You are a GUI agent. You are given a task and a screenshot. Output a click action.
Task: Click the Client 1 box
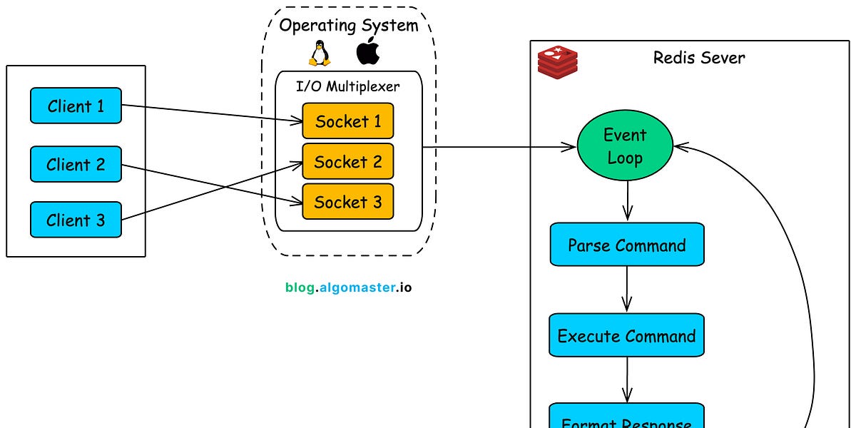click(76, 106)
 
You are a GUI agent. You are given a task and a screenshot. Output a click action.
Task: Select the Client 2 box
click(76, 164)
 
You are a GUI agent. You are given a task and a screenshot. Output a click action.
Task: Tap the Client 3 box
click(76, 220)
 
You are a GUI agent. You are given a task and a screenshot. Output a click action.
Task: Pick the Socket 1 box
click(347, 121)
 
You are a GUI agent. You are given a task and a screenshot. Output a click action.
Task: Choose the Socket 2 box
click(347, 161)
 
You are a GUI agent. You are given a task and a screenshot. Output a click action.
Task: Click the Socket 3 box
click(347, 201)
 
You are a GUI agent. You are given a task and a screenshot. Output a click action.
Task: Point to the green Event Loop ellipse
click(625, 146)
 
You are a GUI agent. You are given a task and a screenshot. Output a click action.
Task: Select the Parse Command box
click(626, 245)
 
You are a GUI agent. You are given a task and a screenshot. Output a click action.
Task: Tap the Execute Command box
click(626, 335)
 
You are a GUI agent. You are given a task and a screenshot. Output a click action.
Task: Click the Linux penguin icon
click(319, 53)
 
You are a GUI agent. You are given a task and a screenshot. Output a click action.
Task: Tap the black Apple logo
click(368, 51)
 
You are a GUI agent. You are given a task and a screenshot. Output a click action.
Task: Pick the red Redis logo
click(557, 61)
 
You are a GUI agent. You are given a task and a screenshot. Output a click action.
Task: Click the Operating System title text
click(348, 26)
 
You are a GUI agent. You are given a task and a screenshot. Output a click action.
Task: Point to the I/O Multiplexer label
click(348, 86)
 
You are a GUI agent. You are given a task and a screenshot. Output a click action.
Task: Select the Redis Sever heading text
click(698, 58)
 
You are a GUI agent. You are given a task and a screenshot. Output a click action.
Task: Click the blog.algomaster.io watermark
click(348, 287)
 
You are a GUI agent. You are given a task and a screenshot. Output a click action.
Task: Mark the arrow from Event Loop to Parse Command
click(627, 200)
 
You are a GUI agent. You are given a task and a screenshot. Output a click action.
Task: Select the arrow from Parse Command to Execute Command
click(627, 289)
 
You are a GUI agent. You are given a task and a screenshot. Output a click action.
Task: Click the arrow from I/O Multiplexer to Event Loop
click(499, 148)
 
